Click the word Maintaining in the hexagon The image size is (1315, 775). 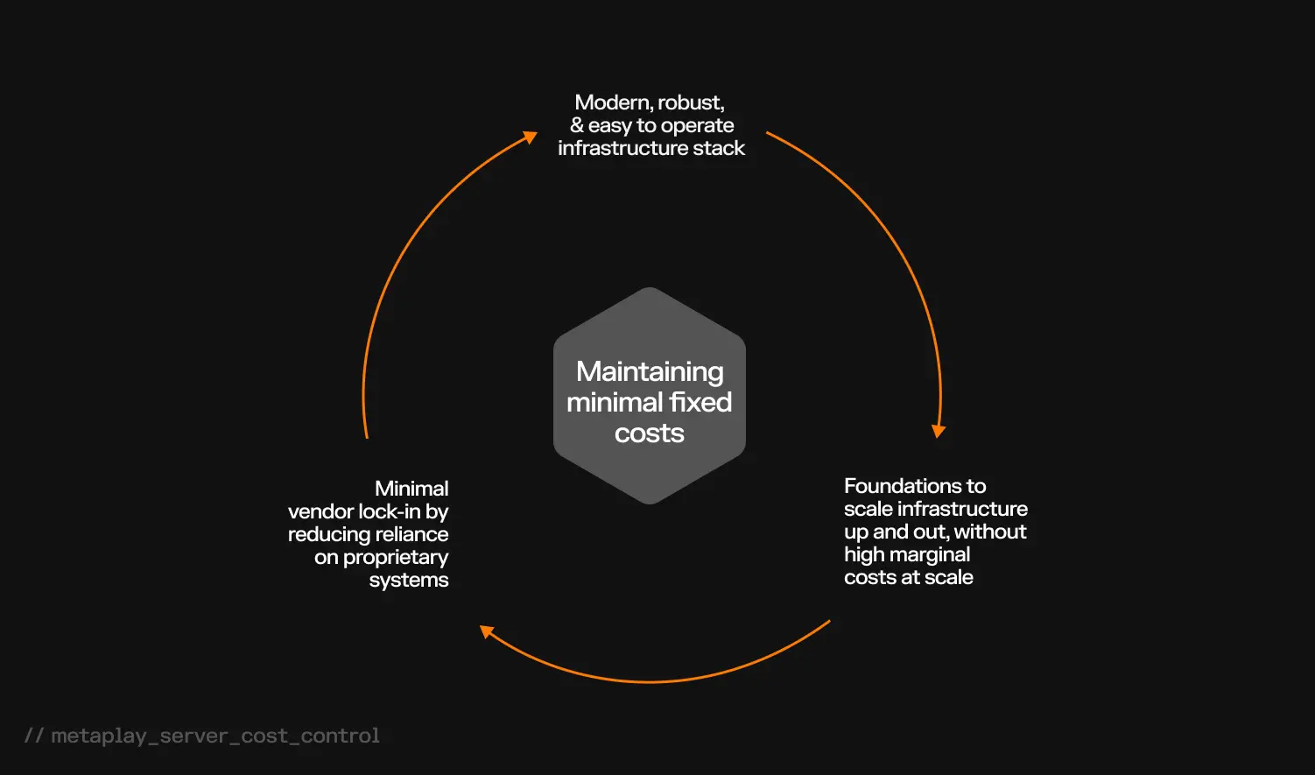click(x=650, y=372)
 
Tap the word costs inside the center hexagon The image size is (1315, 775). click(x=650, y=433)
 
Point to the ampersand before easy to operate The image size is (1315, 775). click(x=576, y=126)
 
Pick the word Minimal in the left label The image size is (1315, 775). click(x=411, y=489)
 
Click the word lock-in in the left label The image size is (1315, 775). click(x=390, y=511)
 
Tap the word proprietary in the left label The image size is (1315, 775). click(x=396, y=558)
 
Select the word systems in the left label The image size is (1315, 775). click(x=409, y=581)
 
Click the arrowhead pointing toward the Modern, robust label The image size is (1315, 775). click(x=531, y=137)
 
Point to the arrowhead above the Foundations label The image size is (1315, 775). click(x=939, y=431)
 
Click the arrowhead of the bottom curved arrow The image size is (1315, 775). click(x=487, y=631)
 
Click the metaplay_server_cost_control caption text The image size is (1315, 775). click(x=215, y=736)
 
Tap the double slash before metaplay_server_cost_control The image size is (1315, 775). click(x=34, y=736)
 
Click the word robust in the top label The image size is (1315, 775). click(x=691, y=103)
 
